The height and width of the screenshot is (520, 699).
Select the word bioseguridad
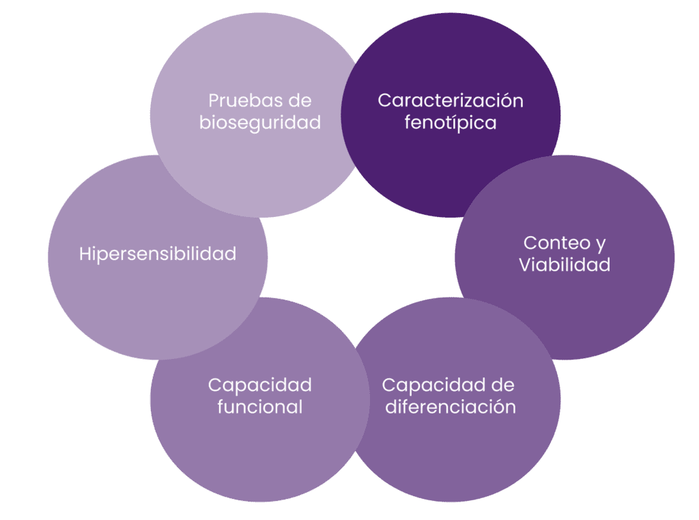coord(260,124)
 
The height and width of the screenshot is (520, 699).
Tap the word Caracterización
coord(451,101)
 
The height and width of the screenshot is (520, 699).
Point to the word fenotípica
coord(451,124)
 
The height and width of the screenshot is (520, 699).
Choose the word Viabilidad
coord(565,265)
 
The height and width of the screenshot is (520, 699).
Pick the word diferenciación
coord(451,407)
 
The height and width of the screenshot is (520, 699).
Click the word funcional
coord(260,407)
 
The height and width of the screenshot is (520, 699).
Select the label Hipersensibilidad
coord(158,254)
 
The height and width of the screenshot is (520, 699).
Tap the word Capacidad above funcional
coord(260,385)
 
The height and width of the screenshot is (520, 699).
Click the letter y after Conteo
coord(601,244)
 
